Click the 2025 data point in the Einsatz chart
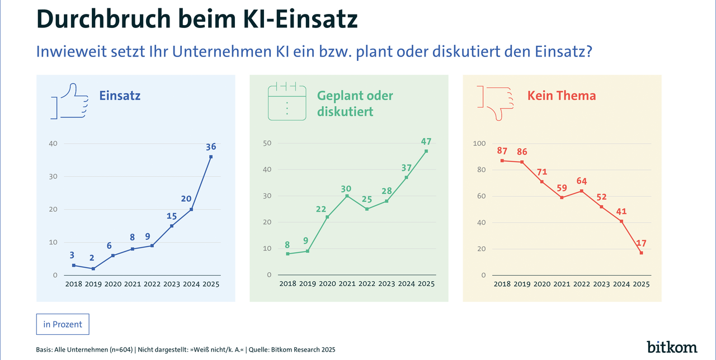[x=211, y=157]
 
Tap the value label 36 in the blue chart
[x=211, y=147]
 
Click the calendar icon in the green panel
[x=288, y=101]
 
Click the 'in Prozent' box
[x=62, y=324]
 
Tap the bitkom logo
[x=672, y=347]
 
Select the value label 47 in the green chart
[x=426, y=141]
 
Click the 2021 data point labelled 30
[x=346, y=196]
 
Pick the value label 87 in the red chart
[x=502, y=151]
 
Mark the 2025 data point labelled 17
[x=641, y=253]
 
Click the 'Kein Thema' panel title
[x=562, y=96]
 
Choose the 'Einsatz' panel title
[x=120, y=96]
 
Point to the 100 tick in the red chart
[x=479, y=144]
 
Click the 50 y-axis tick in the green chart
[x=267, y=143]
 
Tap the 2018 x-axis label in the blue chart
[x=73, y=284]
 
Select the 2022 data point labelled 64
[x=582, y=191]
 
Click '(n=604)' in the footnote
[x=117, y=349]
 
